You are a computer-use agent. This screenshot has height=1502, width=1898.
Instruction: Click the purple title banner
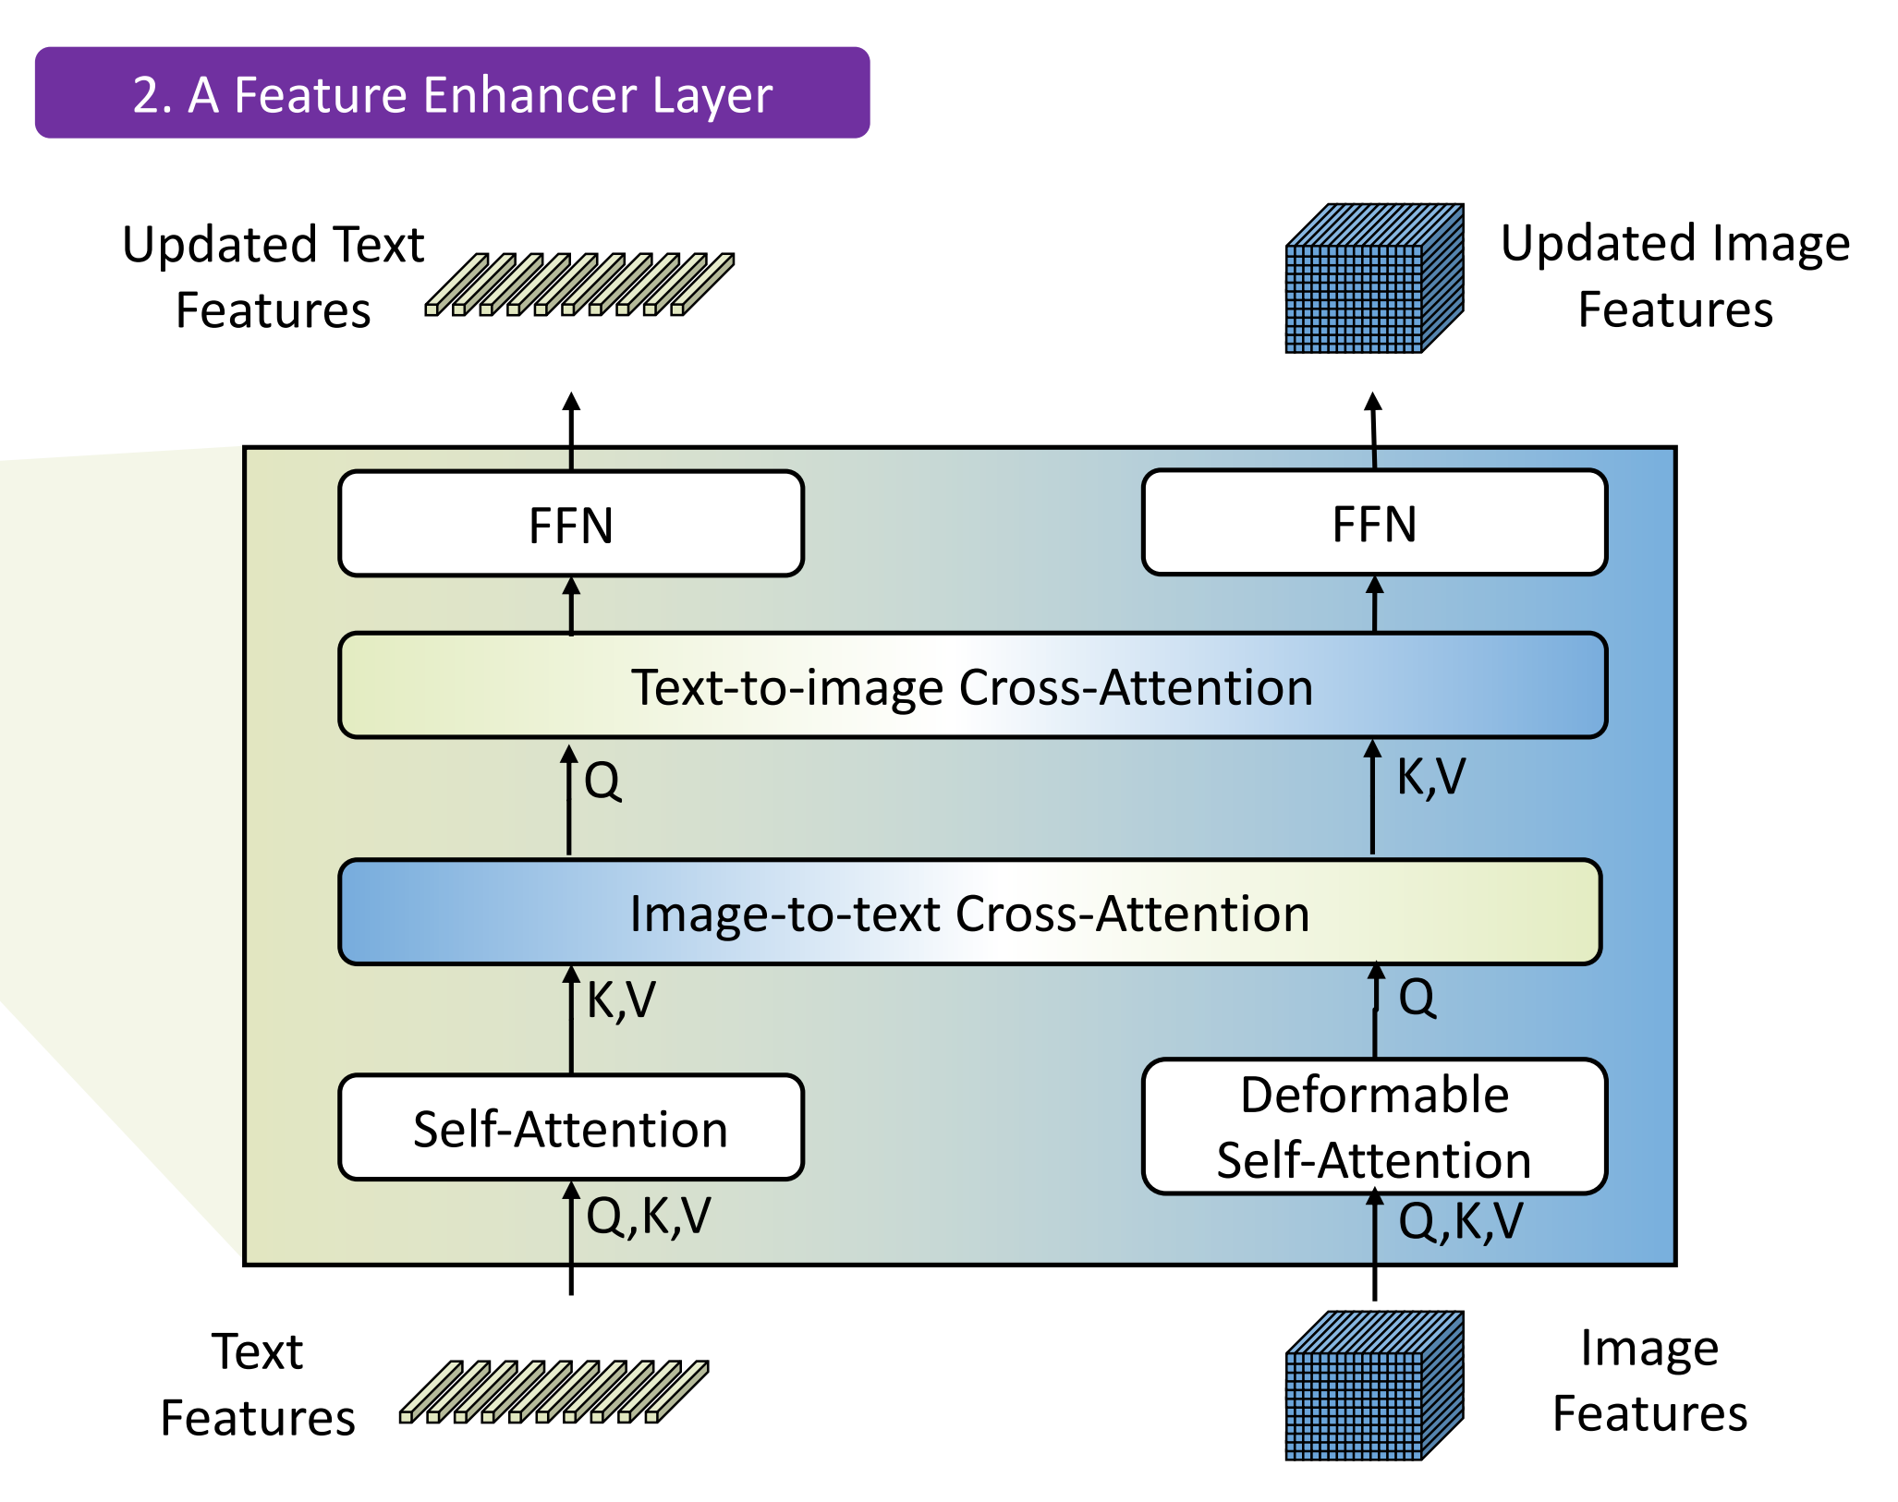[452, 92]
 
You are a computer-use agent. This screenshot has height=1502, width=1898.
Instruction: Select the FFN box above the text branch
[571, 524]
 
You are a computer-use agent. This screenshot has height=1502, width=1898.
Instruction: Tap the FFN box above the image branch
[1374, 523]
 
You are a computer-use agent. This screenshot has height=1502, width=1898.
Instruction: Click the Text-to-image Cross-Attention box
[972, 685]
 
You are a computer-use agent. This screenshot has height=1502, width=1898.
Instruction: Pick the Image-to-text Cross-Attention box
[969, 913]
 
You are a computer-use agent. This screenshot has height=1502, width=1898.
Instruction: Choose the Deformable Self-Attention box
[1374, 1127]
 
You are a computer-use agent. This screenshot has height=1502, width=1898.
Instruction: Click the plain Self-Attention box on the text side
[571, 1128]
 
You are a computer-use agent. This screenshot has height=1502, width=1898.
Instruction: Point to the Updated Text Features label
[274, 277]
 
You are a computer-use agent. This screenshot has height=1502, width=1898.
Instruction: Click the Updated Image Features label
[1675, 275]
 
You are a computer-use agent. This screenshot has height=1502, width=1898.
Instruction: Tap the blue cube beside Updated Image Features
[1374, 278]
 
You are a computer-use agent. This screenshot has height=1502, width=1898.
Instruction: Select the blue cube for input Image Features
[1374, 1386]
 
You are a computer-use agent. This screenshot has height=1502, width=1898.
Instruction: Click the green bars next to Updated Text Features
[579, 285]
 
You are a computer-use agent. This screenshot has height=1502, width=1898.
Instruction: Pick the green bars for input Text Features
[554, 1392]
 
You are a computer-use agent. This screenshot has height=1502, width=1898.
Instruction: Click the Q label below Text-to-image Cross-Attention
[602, 781]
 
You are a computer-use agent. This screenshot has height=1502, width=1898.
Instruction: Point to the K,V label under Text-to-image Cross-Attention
[1430, 777]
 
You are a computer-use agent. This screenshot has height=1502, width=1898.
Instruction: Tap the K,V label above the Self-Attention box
[621, 1000]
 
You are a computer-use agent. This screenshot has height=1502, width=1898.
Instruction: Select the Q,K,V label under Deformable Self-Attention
[1460, 1221]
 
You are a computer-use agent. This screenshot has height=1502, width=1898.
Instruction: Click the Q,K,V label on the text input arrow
[649, 1216]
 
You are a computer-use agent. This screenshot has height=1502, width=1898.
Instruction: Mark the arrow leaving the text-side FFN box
[571, 431]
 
